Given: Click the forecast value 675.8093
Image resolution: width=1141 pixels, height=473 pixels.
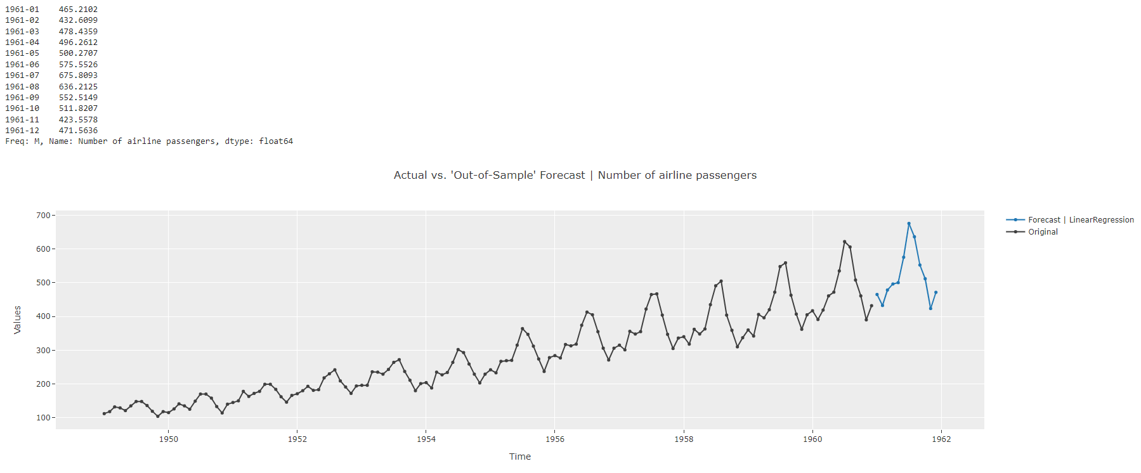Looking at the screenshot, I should [x=78, y=75].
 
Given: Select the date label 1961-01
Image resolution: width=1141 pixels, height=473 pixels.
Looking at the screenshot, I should [x=22, y=10].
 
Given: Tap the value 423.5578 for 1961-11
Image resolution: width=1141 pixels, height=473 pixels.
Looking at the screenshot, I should [x=78, y=120].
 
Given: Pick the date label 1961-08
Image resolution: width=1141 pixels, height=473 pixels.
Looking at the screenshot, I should [x=22, y=87].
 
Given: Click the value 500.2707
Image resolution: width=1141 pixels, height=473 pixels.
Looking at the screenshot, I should [x=78, y=53].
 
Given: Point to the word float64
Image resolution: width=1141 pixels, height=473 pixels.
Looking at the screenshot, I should [x=276, y=141].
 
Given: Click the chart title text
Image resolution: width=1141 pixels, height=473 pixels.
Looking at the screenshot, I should [x=575, y=175].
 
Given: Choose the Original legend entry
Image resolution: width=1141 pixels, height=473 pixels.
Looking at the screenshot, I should [x=1043, y=232].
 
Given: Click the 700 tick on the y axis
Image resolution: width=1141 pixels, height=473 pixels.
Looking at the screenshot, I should [x=43, y=216].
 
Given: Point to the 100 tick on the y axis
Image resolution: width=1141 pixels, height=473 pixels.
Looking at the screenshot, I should [x=43, y=418].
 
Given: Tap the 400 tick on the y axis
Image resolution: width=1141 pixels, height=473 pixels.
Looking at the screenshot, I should [x=43, y=316].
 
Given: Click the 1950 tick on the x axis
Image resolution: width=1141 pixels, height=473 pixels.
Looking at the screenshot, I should [x=168, y=439].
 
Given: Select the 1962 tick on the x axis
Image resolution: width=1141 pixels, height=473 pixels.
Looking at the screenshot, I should [x=941, y=439].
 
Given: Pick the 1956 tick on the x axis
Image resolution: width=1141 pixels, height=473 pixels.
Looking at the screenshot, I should [x=554, y=439].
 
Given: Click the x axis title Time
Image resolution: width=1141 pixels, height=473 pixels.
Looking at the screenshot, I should [x=519, y=457].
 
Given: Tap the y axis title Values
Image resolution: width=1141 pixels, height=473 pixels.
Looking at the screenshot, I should [x=17, y=320].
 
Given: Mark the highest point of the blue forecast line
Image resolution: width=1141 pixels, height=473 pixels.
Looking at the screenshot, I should [x=909, y=223].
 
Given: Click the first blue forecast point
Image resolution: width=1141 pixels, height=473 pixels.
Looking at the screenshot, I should [x=877, y=295].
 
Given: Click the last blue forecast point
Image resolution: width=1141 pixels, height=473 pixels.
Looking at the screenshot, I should [x=936, y=292].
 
